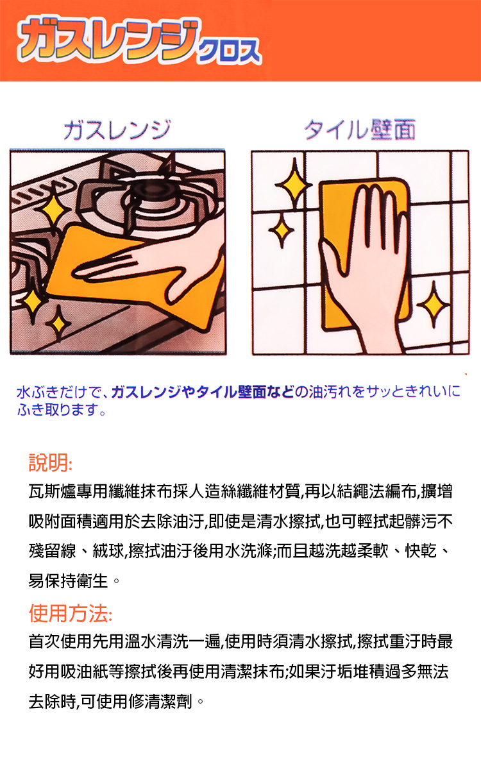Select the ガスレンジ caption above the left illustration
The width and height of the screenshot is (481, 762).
pyautogui.click(x=117, y=130)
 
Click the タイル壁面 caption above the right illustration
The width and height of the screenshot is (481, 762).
pyautogui.click(x=360, y=130)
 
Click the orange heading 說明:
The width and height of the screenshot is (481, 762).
pyautogui.click(x=51, y=462)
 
